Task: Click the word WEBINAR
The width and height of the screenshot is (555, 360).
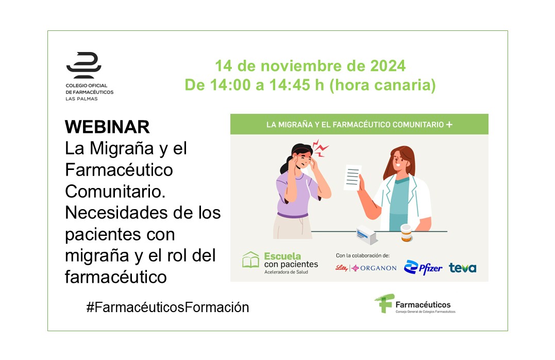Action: pyautogui.click(x=107, y=127)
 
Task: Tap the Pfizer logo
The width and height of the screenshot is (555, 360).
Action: pyautogui.click(x=423, y=267)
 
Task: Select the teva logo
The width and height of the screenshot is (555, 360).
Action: pyautogui.click(x=463, y=268)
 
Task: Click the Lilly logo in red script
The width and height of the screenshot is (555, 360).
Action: pyautogui.click(x=342, y=268)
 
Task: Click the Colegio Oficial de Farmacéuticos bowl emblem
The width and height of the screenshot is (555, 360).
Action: pyautogui.click(x=84, y=65)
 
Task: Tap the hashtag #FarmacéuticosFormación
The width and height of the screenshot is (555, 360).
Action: pyautogui.click(x=168, y=307)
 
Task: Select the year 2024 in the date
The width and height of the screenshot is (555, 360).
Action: pyautogui.click(x=388, y=66)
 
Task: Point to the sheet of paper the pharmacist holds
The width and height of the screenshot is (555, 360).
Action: pyautogui.click(x=352, y=178)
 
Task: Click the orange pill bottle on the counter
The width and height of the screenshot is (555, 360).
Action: pyautogui.click(x=406, y=233)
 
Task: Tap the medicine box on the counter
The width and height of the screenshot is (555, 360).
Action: pyautogui.click(x=366, y=235)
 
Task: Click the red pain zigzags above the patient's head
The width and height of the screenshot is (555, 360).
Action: pyautogui.click(x=321, y=148)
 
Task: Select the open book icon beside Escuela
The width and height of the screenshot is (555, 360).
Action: pyautogui.click(x=250, y=260)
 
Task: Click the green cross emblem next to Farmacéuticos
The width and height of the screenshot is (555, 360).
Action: pyautogui.click(x=384, y=303)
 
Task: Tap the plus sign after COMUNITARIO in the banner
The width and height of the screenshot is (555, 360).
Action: pyautogui.click(x=449, y=125)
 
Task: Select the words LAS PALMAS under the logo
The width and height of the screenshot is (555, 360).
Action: pyautogui.click(x=81, y=99)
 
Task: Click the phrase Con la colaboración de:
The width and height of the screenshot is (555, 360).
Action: pyautogui.click(x=362, y=255)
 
